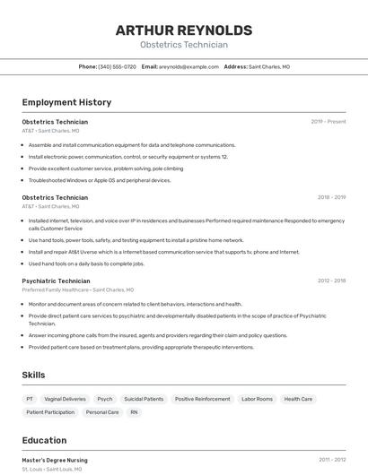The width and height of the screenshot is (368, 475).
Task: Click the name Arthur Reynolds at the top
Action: tap(184, 30)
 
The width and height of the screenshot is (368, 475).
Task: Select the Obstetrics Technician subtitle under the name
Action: tap(184, 45)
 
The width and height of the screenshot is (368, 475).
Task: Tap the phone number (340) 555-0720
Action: tap(117, 66)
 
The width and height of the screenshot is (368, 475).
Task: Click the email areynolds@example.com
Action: tap(188, 66)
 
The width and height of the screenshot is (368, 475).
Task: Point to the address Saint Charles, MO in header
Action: tap(268, 66)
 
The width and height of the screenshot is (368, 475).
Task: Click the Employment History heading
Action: tap(66, 102)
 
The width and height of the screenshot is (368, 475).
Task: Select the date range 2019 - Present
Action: tap(328, 121)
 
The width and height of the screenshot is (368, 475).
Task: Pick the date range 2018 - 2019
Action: tap(331, 197)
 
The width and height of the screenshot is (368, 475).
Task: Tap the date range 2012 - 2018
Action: tap(331, 281)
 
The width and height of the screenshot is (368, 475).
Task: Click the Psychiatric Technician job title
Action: tap(56, 281)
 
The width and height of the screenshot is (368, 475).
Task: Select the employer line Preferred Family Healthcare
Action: tap(78, 289)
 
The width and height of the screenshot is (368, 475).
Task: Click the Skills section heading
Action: tap(33, 375)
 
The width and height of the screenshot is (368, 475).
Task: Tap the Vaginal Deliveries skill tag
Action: tap(66, 399)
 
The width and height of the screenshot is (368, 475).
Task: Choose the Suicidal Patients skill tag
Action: tap(144, 399)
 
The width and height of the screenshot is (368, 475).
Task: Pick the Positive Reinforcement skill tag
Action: tap(202, 399)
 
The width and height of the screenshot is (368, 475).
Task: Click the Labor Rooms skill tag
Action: tap(257, 399)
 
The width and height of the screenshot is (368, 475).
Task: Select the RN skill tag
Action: tap(134, 412)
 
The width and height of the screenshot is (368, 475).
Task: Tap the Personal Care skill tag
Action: tap(102, 412)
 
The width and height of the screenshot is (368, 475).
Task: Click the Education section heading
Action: tap(44, 440)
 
